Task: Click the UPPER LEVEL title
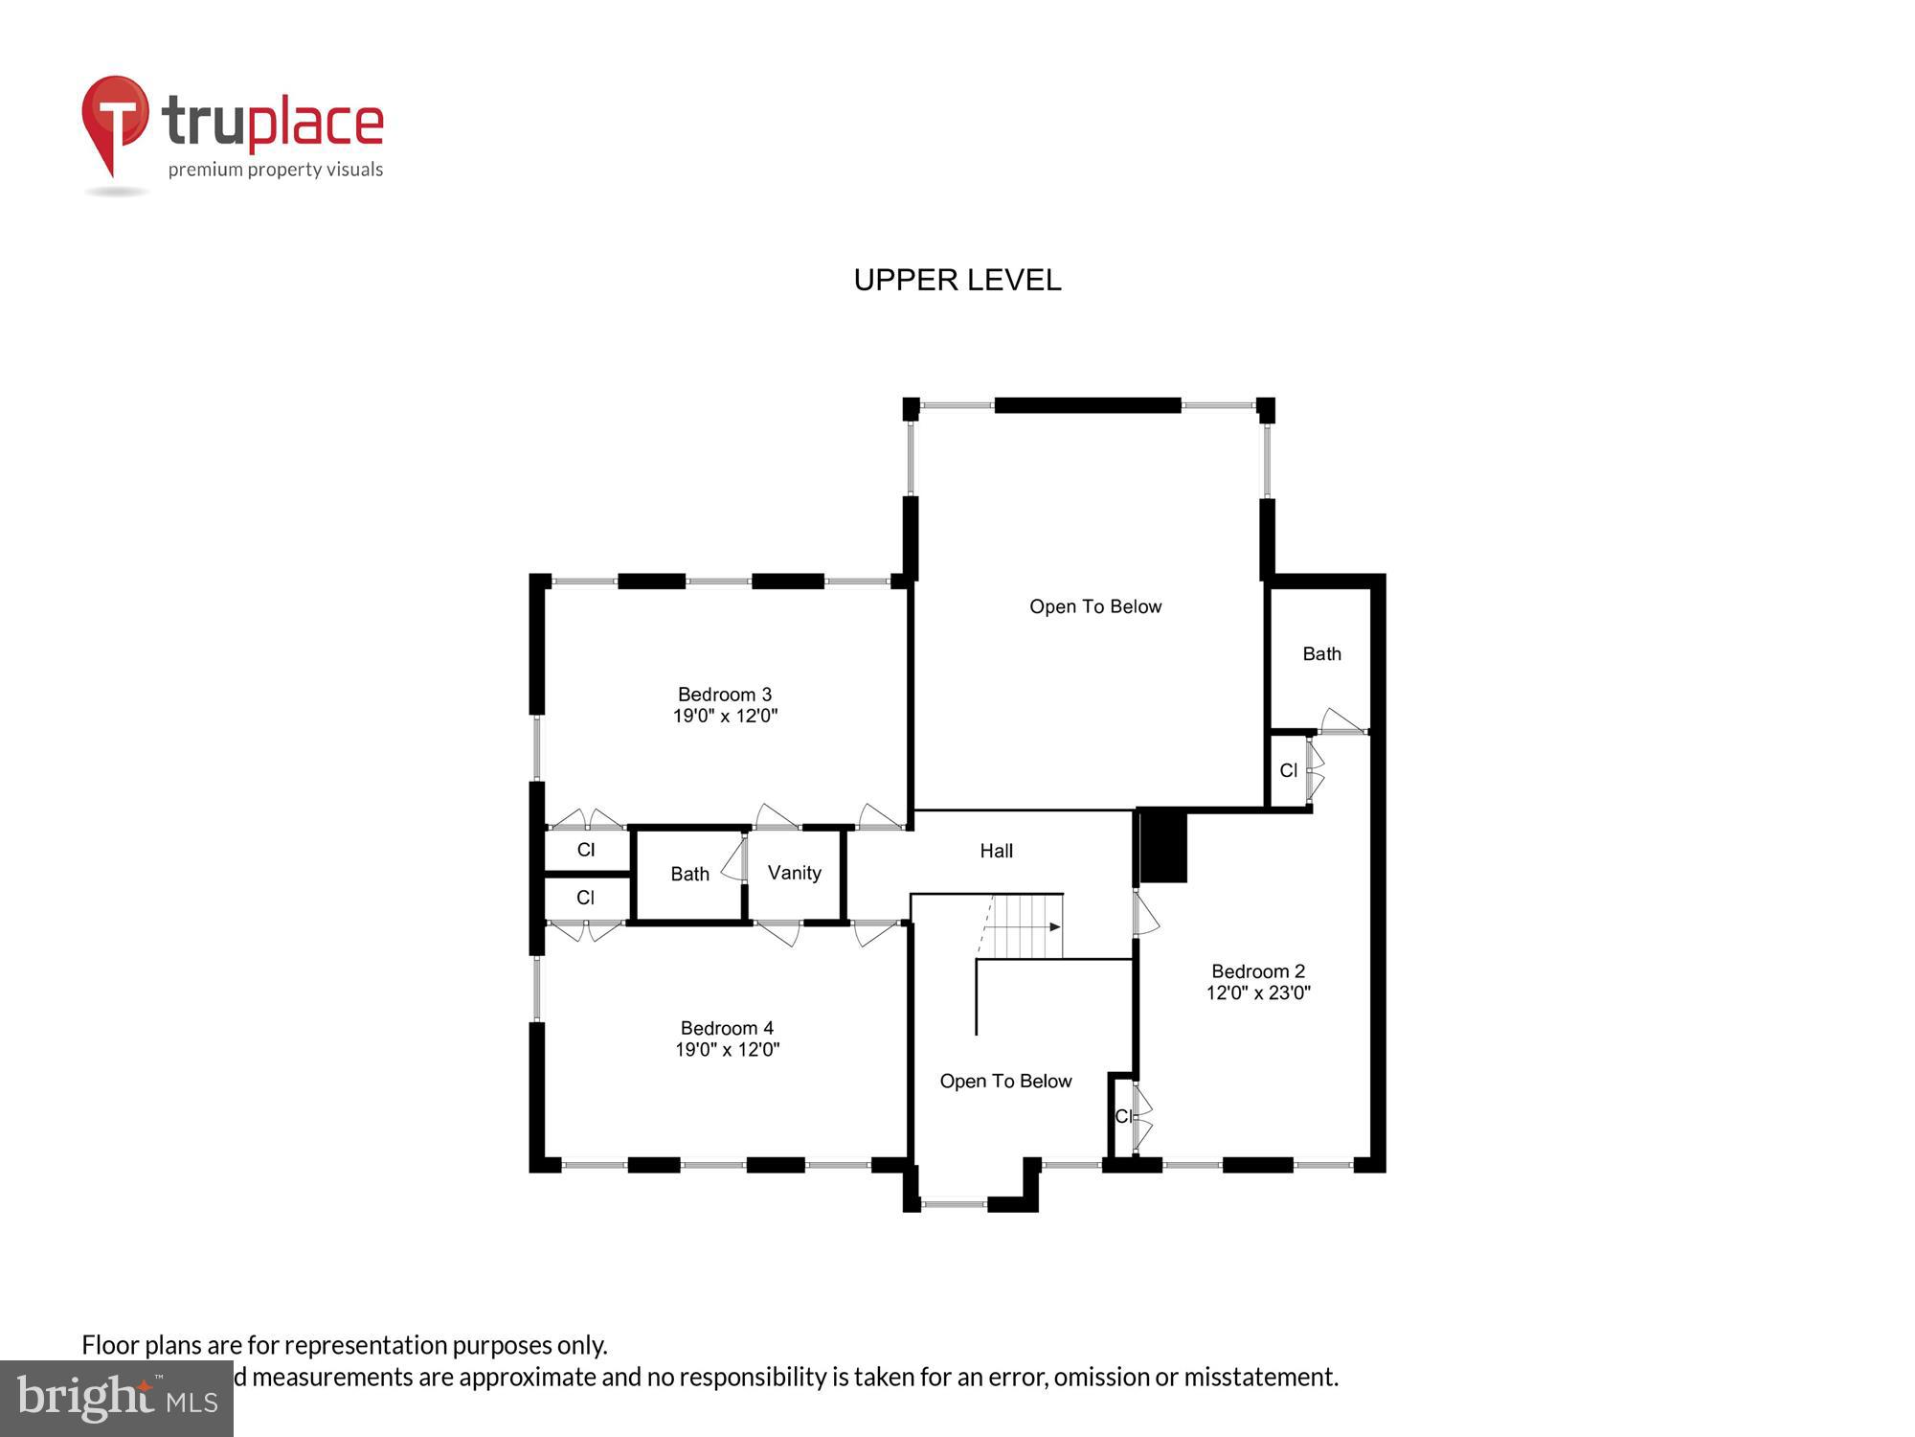tap(957, 280)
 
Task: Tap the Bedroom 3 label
tap(724, 695)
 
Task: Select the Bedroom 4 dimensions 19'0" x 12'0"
tap(727, 1050)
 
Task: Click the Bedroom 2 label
tap(1257, 971)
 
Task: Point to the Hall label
tap(996, 851)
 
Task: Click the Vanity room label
tap(794, 873)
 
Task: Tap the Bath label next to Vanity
tap(689, 874)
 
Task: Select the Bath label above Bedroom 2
tap(1321, 654)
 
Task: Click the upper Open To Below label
tap(1094, 606)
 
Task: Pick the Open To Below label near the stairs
tap(1005, 1081)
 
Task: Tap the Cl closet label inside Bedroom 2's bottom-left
tap(1122, 1116)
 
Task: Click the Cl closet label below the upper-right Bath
tap(1288, 770)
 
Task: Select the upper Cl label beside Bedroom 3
tap(586, 850)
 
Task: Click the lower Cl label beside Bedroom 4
tap(585, 898)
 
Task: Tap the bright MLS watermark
tap(117, 1399)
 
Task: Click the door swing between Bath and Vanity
tap(735, 859)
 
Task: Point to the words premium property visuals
tap(276, 171)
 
